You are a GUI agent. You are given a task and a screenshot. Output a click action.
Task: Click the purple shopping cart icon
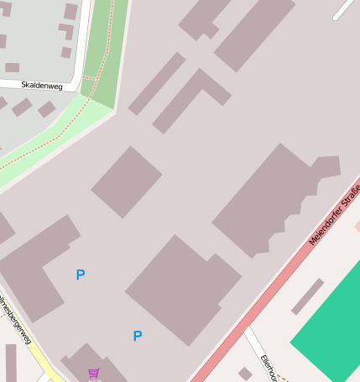[x=94, y=373]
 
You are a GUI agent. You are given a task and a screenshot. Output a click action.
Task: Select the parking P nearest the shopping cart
[x=138, y=336]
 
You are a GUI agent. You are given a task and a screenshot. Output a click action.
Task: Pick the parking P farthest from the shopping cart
[x=81, y=275]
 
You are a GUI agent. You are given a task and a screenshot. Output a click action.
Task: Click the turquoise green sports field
[x=331, y=327]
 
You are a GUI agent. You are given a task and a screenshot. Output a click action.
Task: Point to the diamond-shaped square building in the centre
[x=127, y=181]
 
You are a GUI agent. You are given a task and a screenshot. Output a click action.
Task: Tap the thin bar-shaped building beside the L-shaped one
[x=156, y=83]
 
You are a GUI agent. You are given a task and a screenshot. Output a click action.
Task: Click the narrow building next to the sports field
[x=307, y=296]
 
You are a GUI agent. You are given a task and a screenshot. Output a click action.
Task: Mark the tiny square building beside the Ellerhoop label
[x=245, y=373]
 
